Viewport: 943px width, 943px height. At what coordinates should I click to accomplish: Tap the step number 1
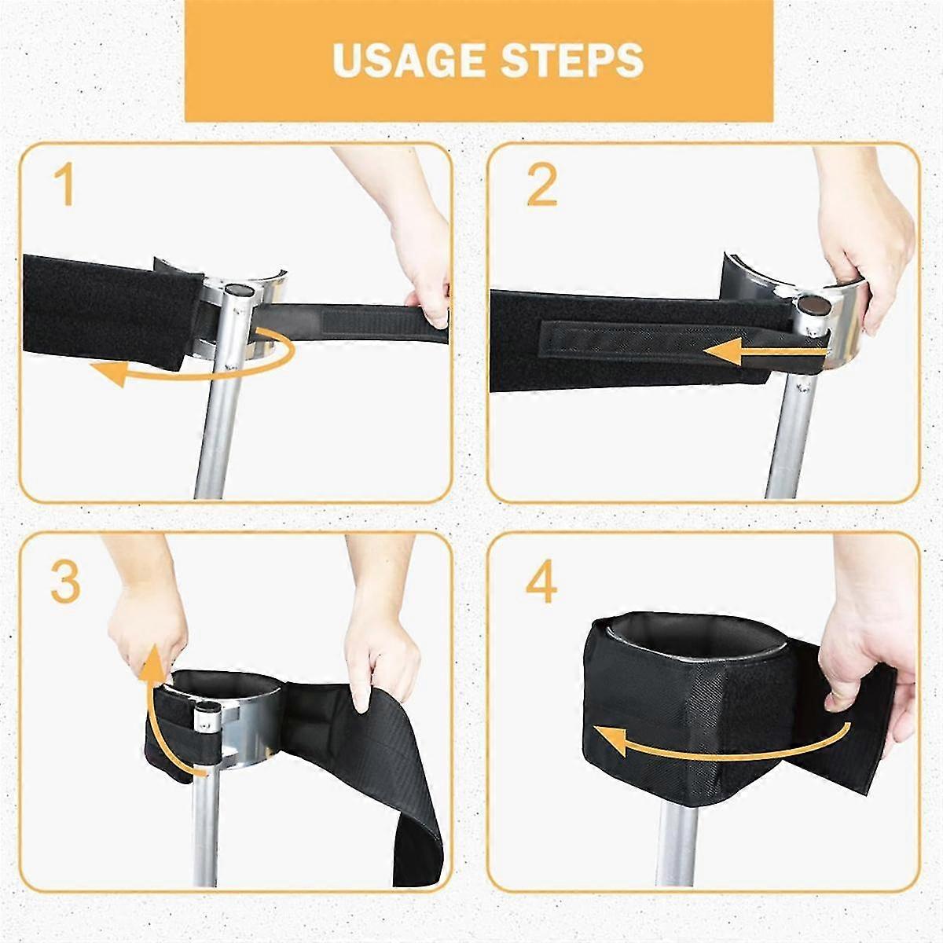click(x=64, y=185)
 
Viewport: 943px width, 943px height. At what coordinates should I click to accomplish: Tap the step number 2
click(x=541, y=185)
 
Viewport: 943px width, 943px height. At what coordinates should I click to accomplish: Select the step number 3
click(x=65, y=582)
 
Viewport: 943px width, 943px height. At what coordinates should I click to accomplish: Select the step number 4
click(x=541, y=582)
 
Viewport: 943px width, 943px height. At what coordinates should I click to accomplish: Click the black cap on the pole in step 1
click(x=237, y=291)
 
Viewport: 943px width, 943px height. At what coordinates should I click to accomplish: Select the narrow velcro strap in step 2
click(x=629, y=343)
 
